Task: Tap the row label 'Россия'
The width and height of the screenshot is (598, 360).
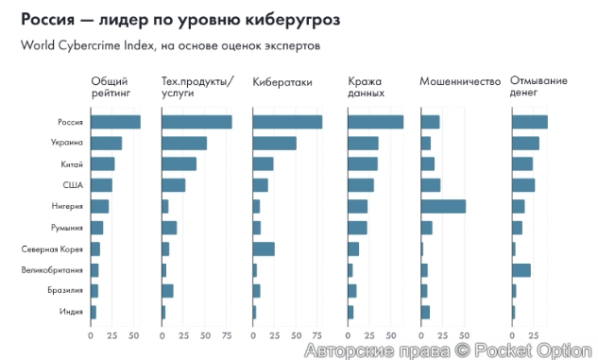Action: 71,122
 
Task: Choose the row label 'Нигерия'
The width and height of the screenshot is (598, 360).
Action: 68,206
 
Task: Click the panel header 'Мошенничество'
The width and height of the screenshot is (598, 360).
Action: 459,81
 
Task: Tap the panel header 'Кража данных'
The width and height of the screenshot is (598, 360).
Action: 366,86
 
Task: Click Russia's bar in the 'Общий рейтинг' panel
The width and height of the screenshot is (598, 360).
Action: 115,122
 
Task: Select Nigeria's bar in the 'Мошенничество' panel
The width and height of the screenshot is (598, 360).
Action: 443,206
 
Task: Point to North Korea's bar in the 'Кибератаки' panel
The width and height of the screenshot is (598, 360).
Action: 264,249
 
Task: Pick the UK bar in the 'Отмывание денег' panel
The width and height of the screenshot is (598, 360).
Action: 521,270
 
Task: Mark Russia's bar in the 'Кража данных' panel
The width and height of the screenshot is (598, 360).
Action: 376,122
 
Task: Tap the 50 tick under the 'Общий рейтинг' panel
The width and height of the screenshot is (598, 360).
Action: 134,334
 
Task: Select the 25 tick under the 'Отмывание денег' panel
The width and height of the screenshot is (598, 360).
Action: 534,334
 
